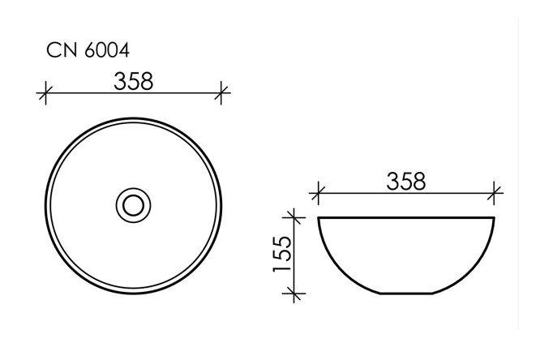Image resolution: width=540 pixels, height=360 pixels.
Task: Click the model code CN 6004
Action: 88,51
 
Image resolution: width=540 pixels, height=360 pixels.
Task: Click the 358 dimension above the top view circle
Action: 134,80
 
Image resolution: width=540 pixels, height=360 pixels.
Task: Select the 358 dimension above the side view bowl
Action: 406,181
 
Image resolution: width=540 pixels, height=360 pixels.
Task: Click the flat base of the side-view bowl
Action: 406,293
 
